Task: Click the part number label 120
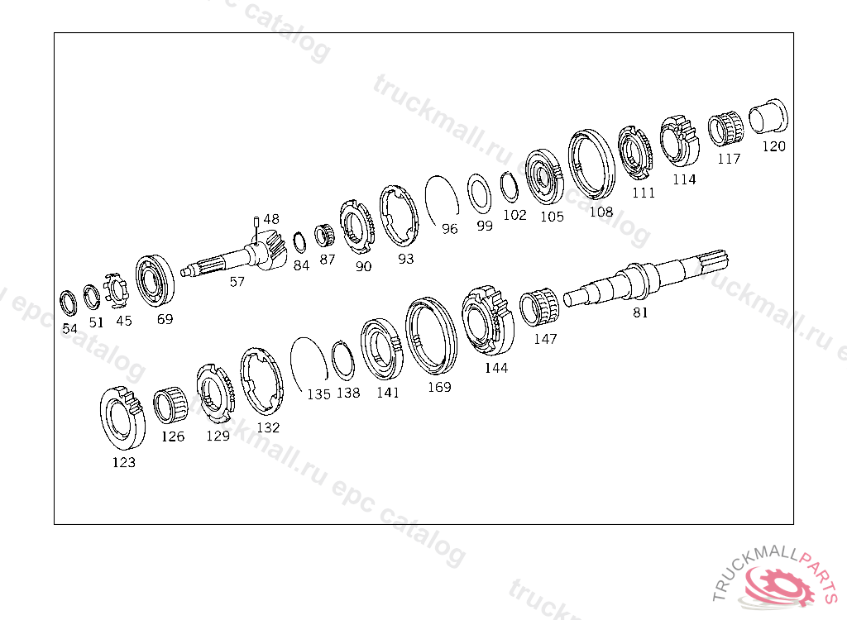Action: click(773, 146)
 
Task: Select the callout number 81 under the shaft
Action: click(640, 312)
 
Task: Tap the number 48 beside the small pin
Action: click(271, 219)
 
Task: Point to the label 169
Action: click(439, 387)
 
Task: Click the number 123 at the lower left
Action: click(124, 462)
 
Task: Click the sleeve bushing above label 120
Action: click(768, 116)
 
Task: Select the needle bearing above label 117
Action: click(726, 129)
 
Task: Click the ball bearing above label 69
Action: click(155, 281)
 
